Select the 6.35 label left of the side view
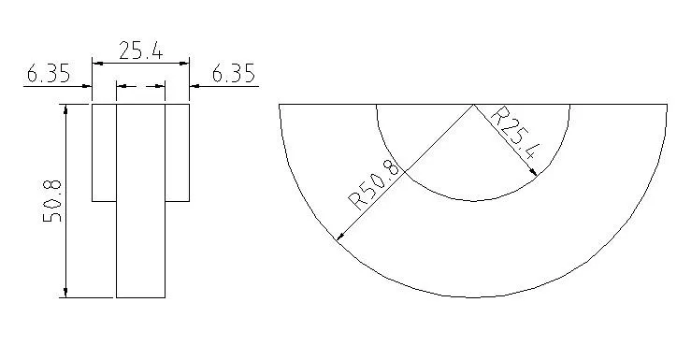click(x=49, y=74)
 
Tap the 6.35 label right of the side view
click(x=234, y=74)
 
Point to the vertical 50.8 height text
click(x=53, y=200)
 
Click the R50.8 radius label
click(x=374, y=184)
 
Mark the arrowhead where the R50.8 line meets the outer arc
click(x=338, y=238)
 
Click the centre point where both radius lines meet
click(x=473, y=104)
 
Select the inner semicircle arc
click(x=473, y=200)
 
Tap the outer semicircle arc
click(x=473, y=297)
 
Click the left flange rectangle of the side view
click(x=104, y=151)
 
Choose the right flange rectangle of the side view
click(x=178, y=151)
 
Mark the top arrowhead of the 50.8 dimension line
click(x=65, y=108)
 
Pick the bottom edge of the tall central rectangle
click(x=140, y=297)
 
